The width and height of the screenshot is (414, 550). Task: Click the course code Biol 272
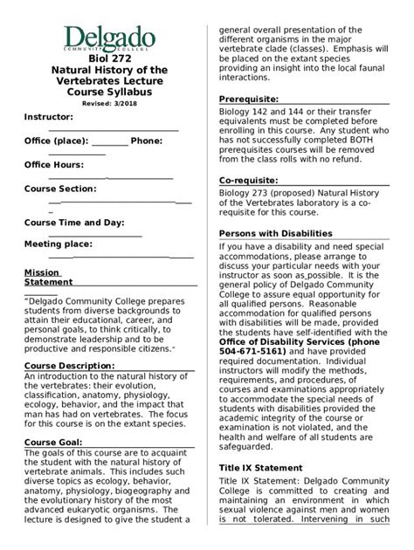(108, 58)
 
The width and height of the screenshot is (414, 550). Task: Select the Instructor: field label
(49, 117)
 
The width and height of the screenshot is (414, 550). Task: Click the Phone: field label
(147, 140)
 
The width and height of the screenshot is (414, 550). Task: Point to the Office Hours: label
(53, 164)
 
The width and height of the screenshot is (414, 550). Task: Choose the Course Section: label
(59, 189)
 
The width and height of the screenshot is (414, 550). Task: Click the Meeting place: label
(58, 244)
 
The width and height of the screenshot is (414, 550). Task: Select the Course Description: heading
(69, 365)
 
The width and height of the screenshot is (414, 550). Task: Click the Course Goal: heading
(53, 443)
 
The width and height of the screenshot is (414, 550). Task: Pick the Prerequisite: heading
(248, 99)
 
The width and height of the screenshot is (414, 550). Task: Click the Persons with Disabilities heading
(275, 233)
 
